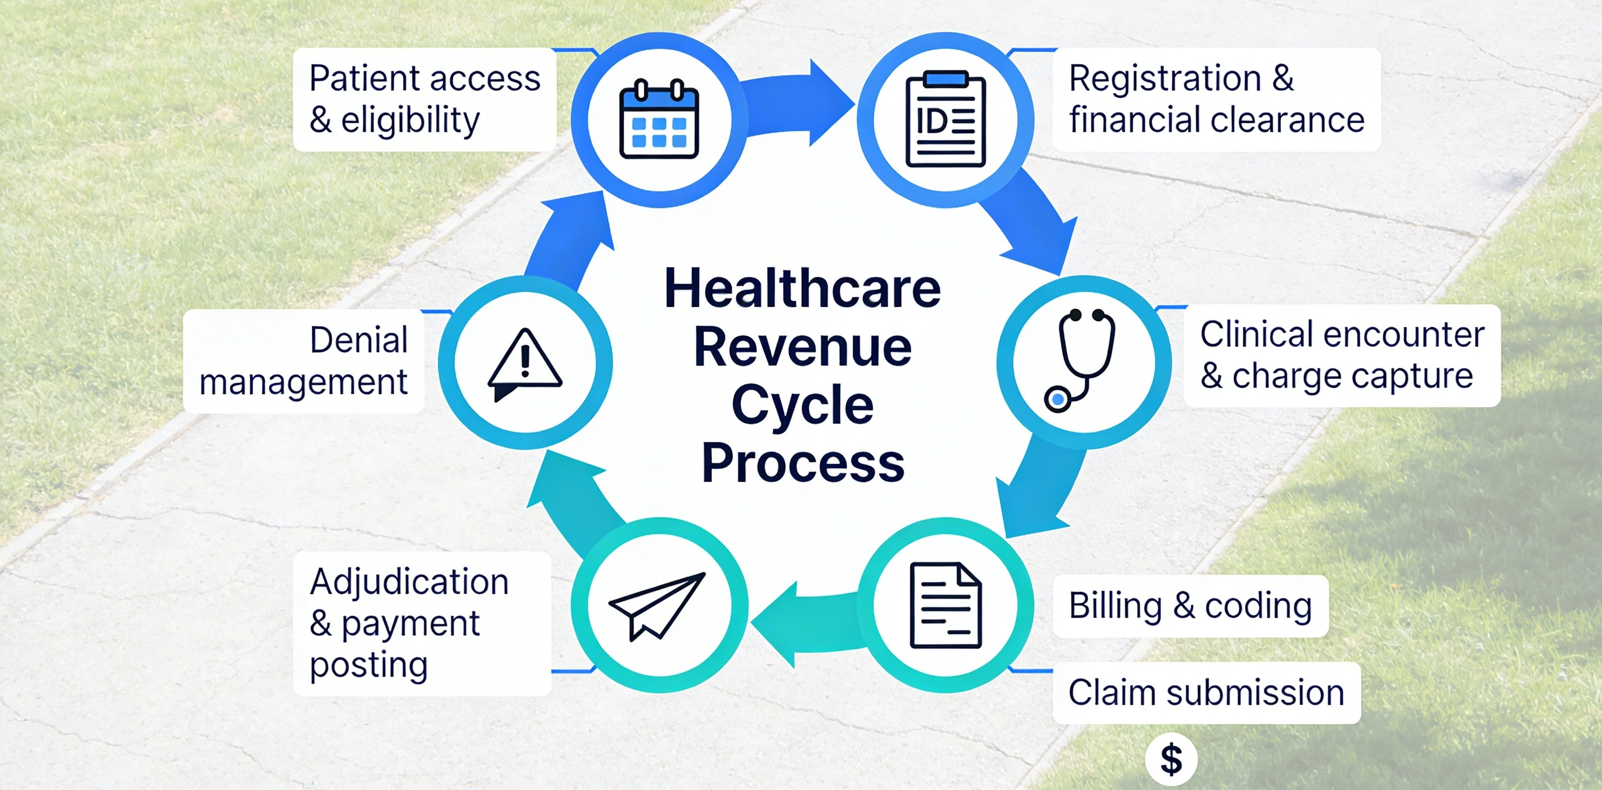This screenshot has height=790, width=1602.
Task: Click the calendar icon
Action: [659, 119]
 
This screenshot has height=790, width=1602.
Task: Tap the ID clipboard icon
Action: [945, 119]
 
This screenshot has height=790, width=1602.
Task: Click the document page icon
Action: [945, 606]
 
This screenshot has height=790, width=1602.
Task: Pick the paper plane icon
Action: [658, 606]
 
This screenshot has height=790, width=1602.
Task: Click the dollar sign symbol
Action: [1171, 759]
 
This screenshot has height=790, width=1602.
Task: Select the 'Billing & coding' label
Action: [1190, 606]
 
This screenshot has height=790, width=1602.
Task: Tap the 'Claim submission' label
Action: [1206, 692]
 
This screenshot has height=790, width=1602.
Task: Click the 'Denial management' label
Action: [304, 360]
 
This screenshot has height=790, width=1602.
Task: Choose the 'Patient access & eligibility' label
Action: [424, 100]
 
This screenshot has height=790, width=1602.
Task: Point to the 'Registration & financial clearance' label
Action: [1216, 100]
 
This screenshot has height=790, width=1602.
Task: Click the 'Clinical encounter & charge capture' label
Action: [1342, 355]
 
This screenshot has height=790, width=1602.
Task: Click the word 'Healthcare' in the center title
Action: [802, 288]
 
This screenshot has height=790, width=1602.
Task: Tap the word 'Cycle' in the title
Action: [802, 405]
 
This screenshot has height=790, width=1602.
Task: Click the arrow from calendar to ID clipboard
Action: [799, 102]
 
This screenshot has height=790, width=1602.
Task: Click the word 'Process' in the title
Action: [802, 464]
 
